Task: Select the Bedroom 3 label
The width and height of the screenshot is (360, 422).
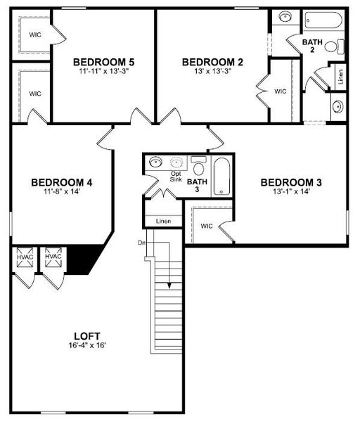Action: [291, 183]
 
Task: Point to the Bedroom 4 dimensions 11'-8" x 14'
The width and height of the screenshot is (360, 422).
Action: [61, 191]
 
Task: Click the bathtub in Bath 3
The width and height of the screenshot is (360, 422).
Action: [221, 177]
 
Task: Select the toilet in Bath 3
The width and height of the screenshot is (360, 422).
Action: [198, 166]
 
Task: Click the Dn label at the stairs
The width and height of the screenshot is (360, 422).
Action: [141, 242]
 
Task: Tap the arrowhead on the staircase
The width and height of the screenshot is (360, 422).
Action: [169, 285]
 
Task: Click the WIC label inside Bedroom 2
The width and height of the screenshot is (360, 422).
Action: [281, 91]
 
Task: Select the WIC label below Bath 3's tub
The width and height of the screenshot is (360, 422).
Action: [206, 226]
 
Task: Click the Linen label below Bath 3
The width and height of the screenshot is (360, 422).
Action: [163, 222]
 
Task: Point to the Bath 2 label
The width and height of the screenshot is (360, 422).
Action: [312, 46]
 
